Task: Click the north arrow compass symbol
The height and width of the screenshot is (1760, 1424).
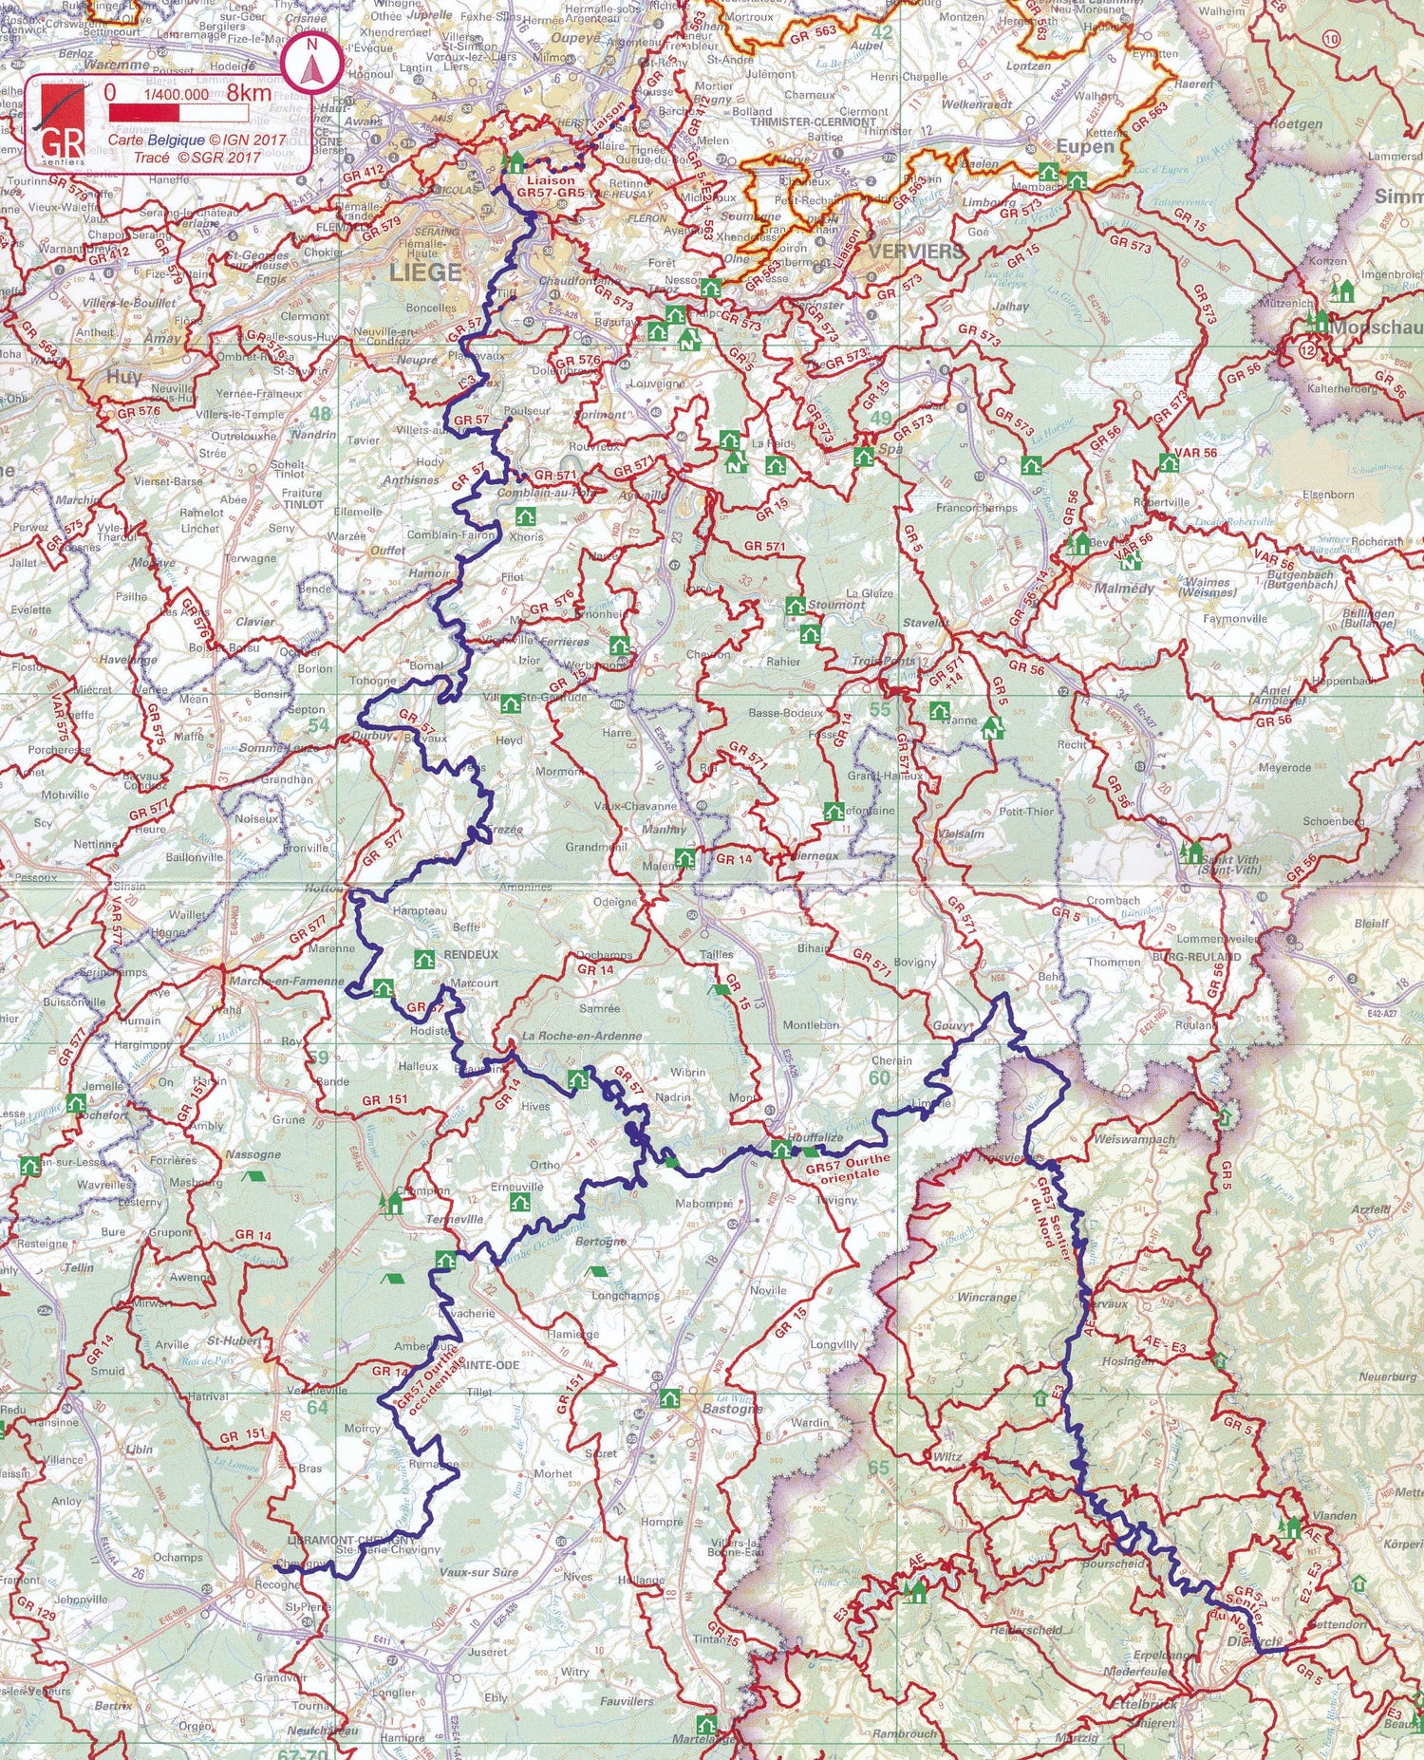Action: (x=310, y=66)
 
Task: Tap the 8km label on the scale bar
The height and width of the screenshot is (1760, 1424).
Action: (x=249, y=93)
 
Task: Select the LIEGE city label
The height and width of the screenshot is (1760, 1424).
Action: (x=424, y=272)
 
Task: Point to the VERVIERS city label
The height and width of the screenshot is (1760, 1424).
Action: (x=916, y=252)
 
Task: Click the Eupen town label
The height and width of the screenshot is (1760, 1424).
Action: (x=1085, y=147)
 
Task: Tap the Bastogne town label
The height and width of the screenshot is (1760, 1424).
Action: (x=732, y=1409)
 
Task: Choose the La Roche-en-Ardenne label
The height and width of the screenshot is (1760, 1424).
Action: (x=582, y=1036)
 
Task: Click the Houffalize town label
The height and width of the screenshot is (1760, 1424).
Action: (x=815, y=1137)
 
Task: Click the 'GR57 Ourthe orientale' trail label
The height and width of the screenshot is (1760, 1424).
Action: (x=847, y=1167)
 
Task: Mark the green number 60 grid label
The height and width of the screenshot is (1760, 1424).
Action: (x=879, y=1077)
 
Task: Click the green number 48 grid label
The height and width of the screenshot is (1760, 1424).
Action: (x=321, y=414)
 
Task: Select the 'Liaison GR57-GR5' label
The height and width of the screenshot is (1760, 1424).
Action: (x=551, y=185)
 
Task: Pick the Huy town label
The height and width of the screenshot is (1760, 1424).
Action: (x=123, y=376)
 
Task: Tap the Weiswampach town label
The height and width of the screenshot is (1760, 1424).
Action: (x=1134, y=1139)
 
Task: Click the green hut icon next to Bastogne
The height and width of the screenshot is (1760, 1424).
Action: (x=670, y=1398)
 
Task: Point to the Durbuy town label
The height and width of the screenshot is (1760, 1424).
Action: (x=371, y=736)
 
